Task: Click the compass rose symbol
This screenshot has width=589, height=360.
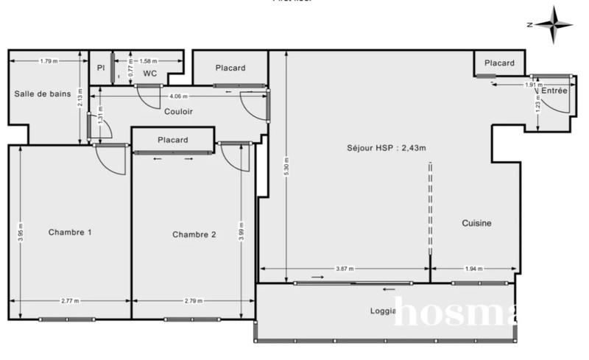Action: pyautogui.click(x=554, y=24)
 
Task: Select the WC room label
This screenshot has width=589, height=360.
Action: pyautogui.click(x=149, y=74)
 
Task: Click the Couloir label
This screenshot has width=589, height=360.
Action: pyautogui.click(x=178, y=112)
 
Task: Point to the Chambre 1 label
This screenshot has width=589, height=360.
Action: pyautogui.click(x=70, y=233)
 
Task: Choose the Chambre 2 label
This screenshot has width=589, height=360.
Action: pyautogui.click(x=194, y=235)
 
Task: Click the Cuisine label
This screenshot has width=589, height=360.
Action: pyautogui.click(x=476, y=223)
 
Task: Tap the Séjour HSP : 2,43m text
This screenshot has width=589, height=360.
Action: pyautogui.click(x=387, y=147)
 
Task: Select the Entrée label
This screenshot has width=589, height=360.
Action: pyautogui.click(x=554, y=91)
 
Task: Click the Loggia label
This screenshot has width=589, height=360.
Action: pyautogui.click(x=384, y=311)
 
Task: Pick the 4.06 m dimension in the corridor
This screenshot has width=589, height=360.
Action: pyautogui.click(x=178, y=96)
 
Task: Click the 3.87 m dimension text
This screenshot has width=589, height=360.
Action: pyautogui.click(x=345, y=269)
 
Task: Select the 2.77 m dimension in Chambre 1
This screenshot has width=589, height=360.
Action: pyautogui.click(x=70, y=302)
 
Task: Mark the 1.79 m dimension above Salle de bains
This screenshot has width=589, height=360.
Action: pyautogui.click(x=49, y=61)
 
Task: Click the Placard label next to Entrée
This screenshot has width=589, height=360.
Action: pyautogui.click(x=499, y=63)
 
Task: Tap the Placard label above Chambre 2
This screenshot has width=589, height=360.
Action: pyautogui.click(x=172, y=140)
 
